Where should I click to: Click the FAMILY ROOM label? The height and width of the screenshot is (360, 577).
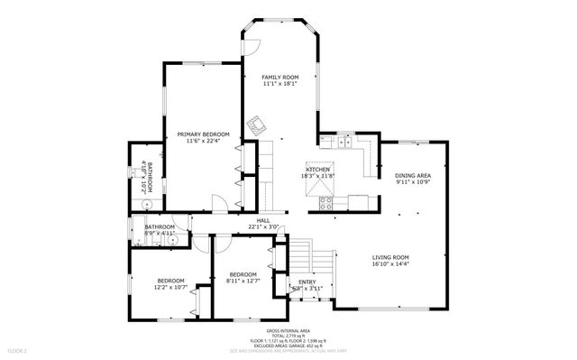(x=279, y=78)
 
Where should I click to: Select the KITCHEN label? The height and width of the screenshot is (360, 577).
(x=319, y=170)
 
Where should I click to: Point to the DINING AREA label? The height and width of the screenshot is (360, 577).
(x=413, y=175)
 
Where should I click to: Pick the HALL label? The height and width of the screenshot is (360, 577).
(x=263, y=220)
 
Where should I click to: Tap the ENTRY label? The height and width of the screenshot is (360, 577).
(x=307, y=282)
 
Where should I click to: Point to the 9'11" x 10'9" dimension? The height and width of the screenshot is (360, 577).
(x=413, y=182)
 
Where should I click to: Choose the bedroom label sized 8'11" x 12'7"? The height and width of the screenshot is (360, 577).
(x=243, y=274)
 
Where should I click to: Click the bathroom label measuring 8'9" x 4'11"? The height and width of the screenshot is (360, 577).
(x=160, y=227)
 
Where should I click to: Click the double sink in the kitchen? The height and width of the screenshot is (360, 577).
(x=344, y=141)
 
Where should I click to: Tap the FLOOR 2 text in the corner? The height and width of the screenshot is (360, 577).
(x=18, y=349)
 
